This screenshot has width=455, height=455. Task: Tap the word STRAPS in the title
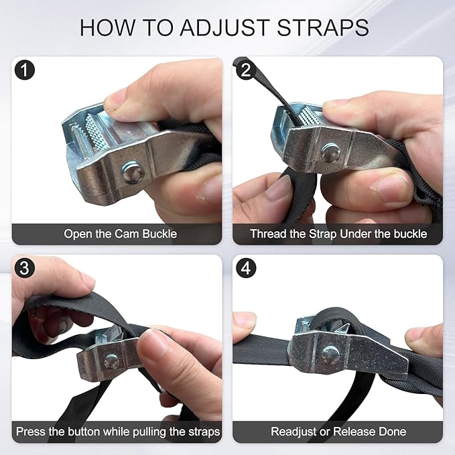click(x=323, y=28)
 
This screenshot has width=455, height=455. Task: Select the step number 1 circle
click(x=25, y=70)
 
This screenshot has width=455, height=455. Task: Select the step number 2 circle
click(x=246, y=70)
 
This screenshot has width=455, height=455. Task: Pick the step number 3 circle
click(x=25, y=268)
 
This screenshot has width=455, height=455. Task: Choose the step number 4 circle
click(x=246, y=268)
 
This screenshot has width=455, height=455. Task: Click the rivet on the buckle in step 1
click(x=133, y=172)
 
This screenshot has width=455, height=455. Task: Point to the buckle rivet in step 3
click(x=111, y=361)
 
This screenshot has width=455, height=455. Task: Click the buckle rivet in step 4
click(x=330, y=354)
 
